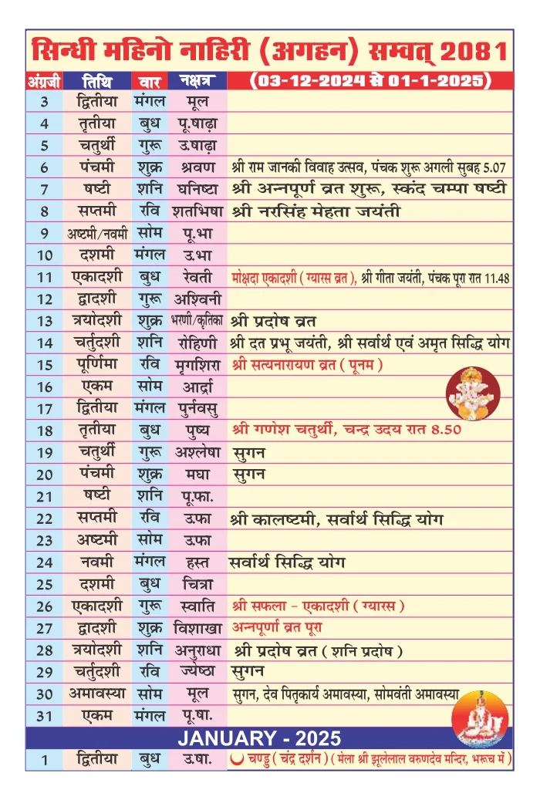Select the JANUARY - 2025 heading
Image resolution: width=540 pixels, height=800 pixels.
[270, 738]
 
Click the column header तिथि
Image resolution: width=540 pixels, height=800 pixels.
[100, 80]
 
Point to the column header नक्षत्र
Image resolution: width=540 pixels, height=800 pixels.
[197, 80]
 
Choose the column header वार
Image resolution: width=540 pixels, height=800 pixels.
[150, 80]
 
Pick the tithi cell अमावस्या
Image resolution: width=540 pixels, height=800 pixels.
[100, 693]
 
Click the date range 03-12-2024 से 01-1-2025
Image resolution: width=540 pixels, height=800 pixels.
[371, 80]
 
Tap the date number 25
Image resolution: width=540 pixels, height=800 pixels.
[45, 583]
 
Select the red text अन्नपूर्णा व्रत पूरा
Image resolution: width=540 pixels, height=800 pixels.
[285, 627]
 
